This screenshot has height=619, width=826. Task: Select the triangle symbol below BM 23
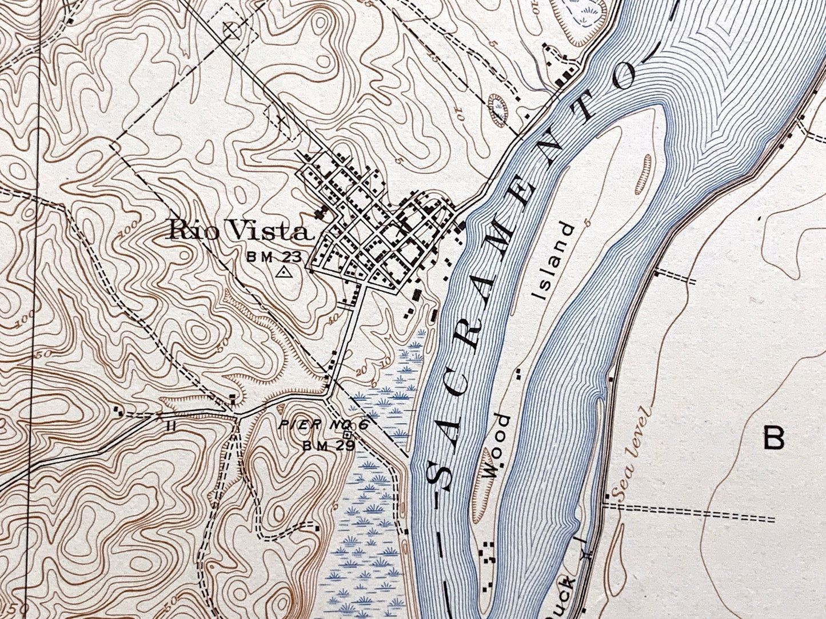(282, 272)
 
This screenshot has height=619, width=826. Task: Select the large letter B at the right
(774, 439)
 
